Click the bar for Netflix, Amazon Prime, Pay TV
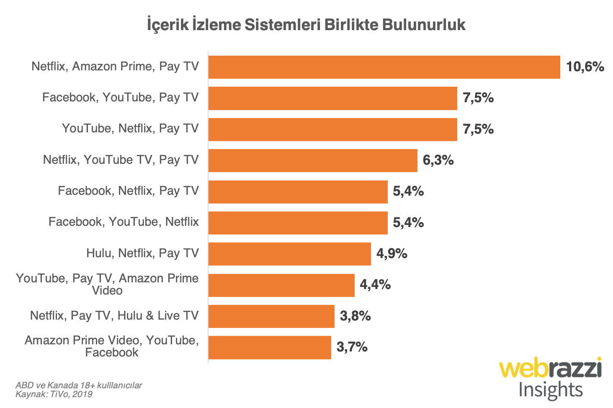(384, 67)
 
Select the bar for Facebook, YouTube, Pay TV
(332, 98)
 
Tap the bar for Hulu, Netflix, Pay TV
(289, 254)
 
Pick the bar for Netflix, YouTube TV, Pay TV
(313, 160)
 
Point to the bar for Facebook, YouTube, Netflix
(298, 223)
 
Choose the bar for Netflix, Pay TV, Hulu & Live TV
(271, 316)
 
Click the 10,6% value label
(585, 67)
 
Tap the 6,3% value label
(438, 160)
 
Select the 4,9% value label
(391, 254)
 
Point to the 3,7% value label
(352, 347)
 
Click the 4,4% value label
(375, 285)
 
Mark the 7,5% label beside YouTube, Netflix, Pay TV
(478, 129)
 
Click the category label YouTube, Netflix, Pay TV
(130, 129)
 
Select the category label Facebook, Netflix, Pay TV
(128, 191)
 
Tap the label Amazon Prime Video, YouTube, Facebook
(112, 346)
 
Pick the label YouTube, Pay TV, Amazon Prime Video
(107, 284)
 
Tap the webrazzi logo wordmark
(550, 368)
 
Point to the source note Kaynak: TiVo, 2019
(54, 394)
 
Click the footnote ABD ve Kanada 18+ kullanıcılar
(79, 385)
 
